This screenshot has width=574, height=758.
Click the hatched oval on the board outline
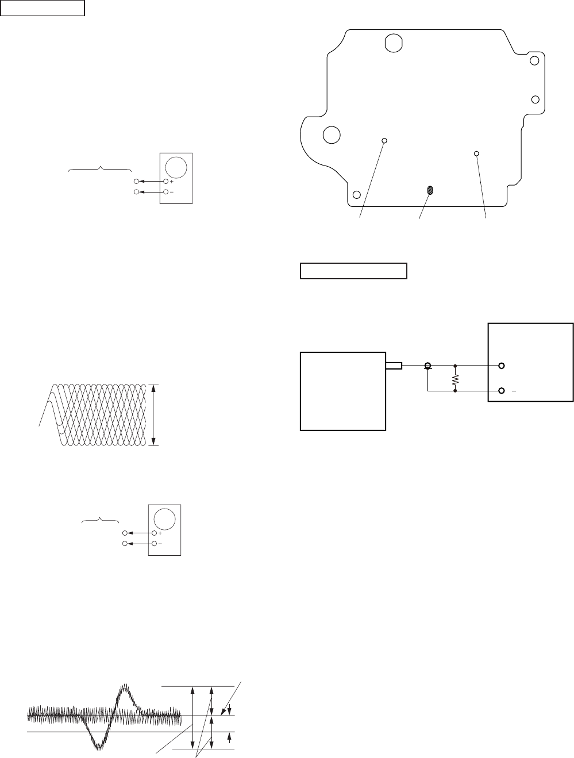click(x=429, y=191)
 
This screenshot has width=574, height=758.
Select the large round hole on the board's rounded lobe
click(x=331, y=134)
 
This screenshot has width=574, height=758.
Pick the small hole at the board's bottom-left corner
click(x=357, y=194)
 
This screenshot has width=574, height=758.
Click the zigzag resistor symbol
click(x=455, y=379)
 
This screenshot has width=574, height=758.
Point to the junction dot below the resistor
click(x=455, y=391)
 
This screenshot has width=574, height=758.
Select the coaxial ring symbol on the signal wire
click(x=427, y=365)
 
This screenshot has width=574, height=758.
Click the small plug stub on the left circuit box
click(x=393, y=365)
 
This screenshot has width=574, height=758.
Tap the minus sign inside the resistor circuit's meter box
click(x=515, y=390)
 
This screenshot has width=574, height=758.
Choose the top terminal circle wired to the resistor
click(x=502, y=365)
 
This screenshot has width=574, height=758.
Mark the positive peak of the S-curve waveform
click(x=125, y=687)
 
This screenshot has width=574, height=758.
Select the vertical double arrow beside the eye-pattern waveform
click(x=153, y=414)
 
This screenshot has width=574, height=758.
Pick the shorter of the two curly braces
click(x=101, y=521)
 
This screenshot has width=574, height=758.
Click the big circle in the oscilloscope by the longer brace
click(x=176, y=167)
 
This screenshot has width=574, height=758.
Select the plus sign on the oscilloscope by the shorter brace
click(x=160, y=533)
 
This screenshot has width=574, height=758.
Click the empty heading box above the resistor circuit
click(x=353, y=271)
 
